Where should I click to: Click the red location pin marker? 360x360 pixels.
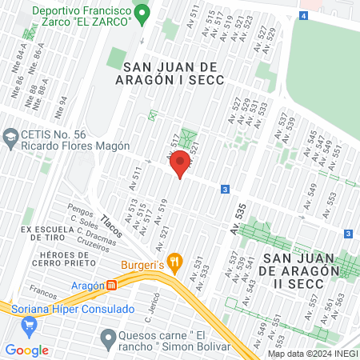pyautogui.click(x=181, y=163)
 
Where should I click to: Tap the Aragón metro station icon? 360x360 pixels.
pyautogui.click(x=113, y=286)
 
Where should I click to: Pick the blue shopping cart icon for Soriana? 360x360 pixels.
pyautogui.click(x=30, y=325)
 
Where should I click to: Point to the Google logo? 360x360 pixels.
pyautogui.click(x=26, y=350)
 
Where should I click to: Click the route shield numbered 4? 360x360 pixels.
pyautogui.click(x=304, y=15)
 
